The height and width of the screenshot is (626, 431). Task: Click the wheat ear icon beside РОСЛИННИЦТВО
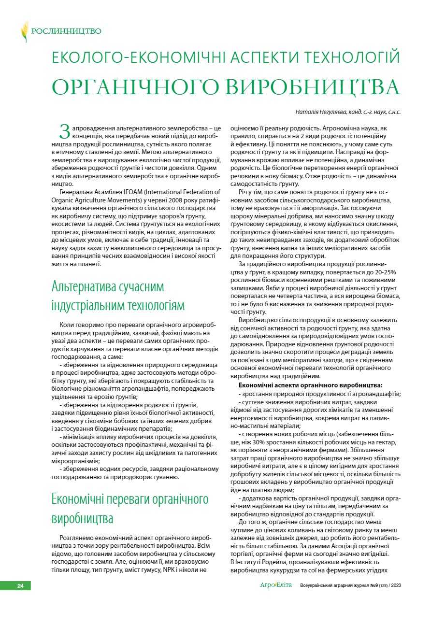point(24,32)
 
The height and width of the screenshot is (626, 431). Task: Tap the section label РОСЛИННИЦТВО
point(66,32)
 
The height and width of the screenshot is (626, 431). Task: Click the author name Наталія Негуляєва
point(321,112)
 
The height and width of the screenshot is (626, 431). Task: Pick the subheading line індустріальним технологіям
point(118,305)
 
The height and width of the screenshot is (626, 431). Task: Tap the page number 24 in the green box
point(20,586)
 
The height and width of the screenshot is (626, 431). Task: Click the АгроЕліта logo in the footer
point(276,585)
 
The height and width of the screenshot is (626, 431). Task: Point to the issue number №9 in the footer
point(367,586)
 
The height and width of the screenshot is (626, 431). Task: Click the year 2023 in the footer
point(394,586)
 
